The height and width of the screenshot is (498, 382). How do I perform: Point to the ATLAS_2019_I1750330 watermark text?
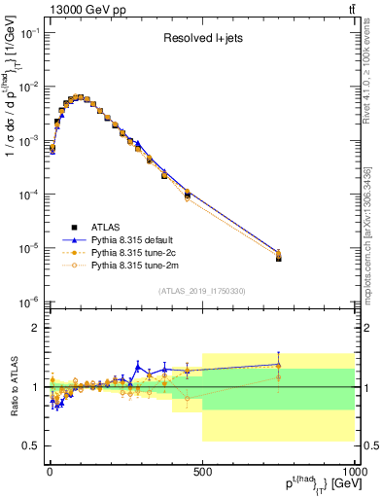tap(202, 291)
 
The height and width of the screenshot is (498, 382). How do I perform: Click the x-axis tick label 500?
tap(202, 471)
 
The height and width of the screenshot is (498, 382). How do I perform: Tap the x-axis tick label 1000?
tap(353, 471)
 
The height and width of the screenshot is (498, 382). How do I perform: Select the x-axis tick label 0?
tap(49, 471)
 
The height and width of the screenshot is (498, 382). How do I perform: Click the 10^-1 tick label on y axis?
tap(28, 34)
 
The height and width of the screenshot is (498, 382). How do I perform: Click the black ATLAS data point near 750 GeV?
tap(278, 258)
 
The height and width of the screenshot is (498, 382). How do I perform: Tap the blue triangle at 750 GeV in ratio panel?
tap(278, 364)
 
